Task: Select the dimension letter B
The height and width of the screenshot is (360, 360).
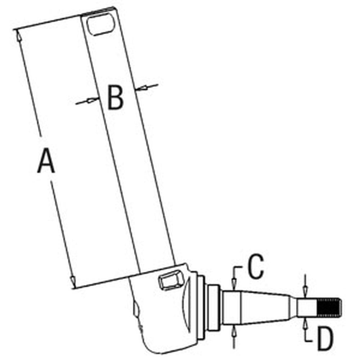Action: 116,98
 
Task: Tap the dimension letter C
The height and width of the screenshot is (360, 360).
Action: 256,267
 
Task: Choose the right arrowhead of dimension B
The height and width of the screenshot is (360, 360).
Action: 141,87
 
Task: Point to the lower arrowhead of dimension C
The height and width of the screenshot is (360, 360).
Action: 234,329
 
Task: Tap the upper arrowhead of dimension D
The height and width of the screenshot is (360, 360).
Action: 305,290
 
